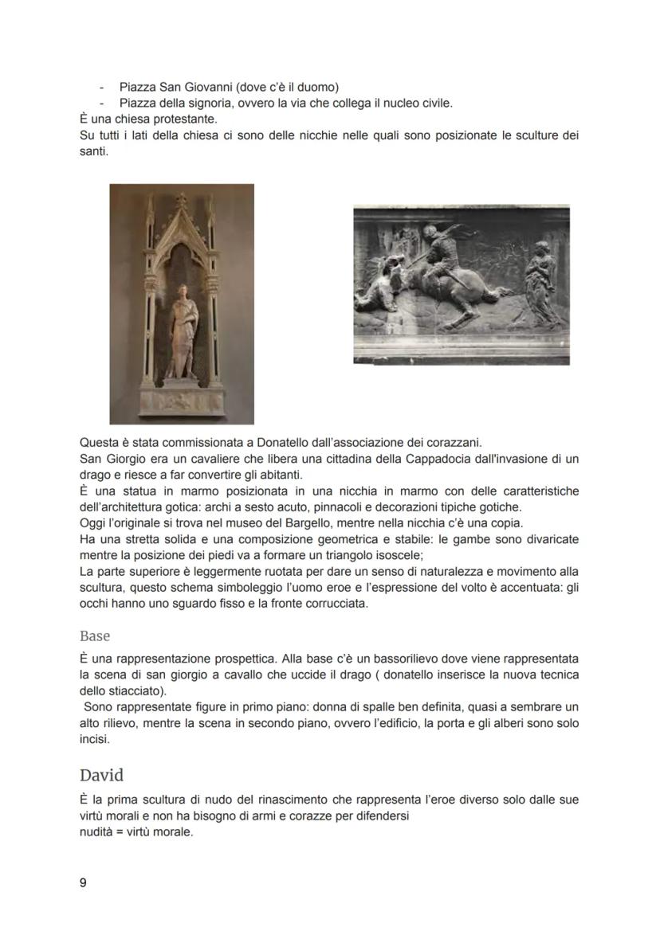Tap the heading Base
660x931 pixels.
coord(95,636)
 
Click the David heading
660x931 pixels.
coord(101,775)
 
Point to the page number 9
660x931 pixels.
coord(83,883)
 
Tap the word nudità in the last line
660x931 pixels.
coord(99,834)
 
